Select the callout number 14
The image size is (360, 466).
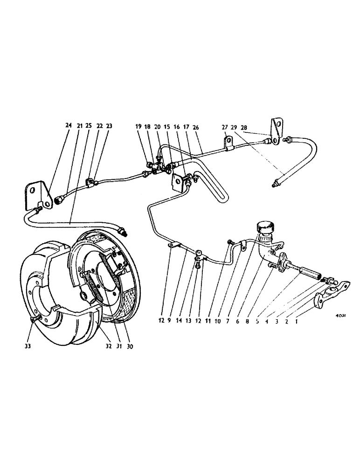point(187,321)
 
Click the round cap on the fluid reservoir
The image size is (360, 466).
point(263,228)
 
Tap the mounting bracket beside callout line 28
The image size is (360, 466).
point(277,132)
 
